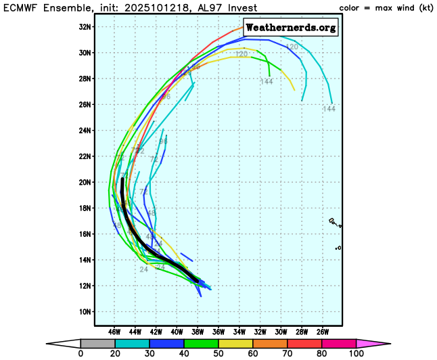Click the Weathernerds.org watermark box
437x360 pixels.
pos(290,28)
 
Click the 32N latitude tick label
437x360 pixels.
pos(86,26)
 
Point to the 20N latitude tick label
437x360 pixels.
pos(86,182)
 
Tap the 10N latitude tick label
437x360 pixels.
pos(86,312)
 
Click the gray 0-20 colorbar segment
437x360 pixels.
pos(94,344)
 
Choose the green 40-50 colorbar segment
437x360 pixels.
pos(204,344)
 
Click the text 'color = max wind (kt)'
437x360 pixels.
pos(385,7)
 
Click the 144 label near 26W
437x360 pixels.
pos(329,109)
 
